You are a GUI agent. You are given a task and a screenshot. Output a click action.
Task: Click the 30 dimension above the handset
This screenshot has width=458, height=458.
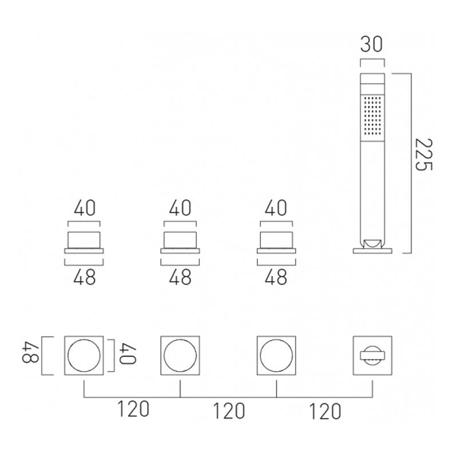[x=371, y=45]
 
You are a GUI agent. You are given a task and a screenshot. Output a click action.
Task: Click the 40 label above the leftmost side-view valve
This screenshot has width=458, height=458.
[x=85, y=208]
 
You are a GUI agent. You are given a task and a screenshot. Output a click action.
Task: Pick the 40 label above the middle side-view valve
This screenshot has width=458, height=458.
[x=180, y=208]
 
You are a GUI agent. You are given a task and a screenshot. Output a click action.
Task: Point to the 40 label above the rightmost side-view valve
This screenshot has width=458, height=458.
[x=276, y=208]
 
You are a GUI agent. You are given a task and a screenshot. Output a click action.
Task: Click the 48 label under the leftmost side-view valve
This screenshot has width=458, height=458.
[x=84, y=277]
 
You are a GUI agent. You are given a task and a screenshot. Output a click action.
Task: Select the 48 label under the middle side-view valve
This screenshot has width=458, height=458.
[x=180, y=277]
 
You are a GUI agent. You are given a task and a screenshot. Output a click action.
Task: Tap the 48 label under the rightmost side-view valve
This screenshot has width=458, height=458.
[x=276, y=277]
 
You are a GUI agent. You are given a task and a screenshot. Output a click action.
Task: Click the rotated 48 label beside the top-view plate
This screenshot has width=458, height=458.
[x=30, y=356]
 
